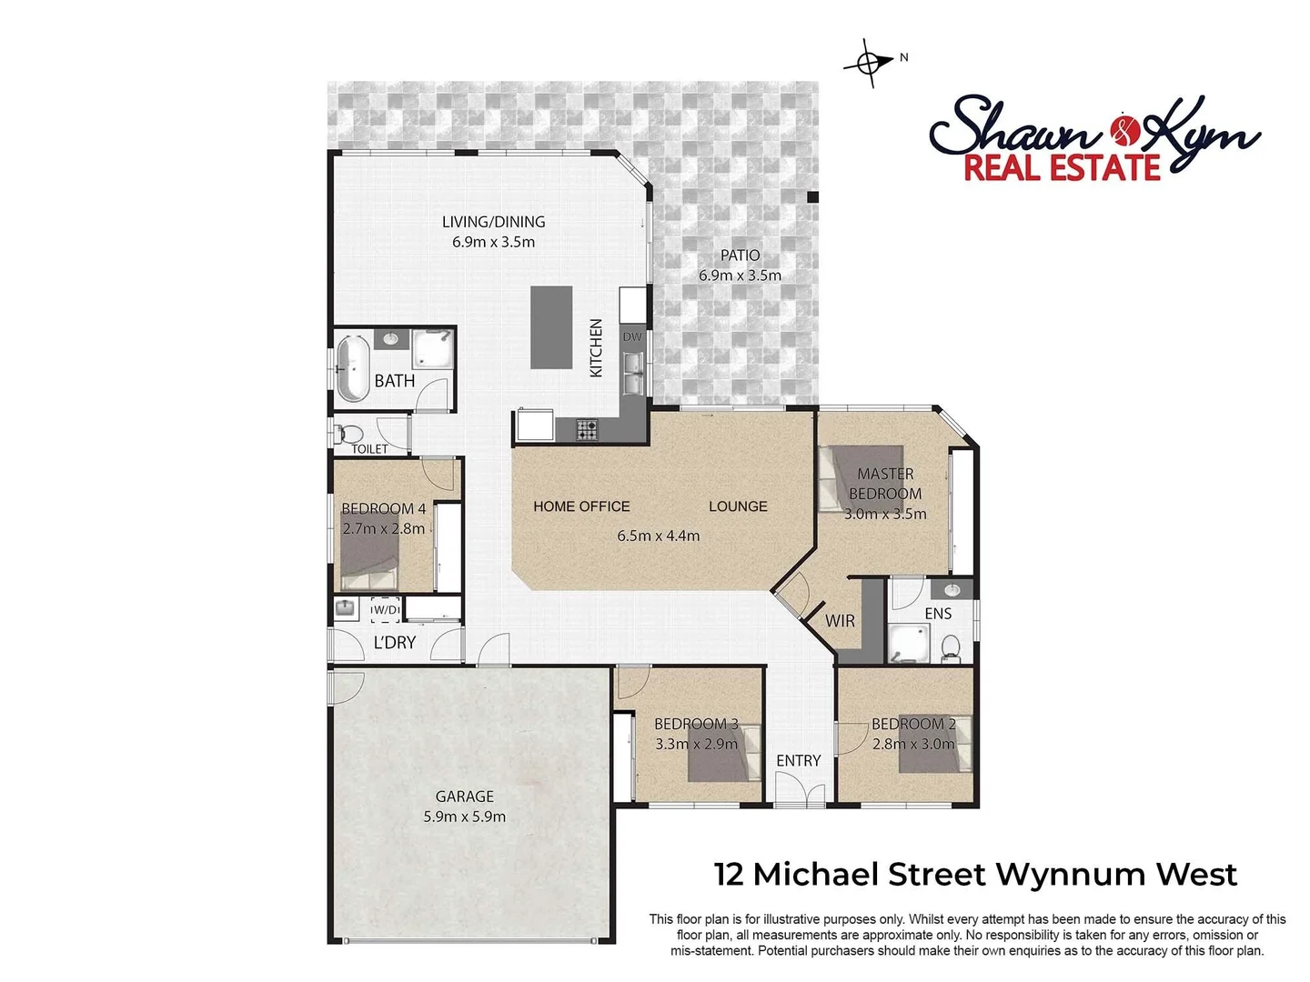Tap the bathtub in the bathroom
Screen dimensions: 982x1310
point(351,368)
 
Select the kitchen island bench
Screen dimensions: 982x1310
point(551,327)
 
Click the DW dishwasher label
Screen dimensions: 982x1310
point(632,336)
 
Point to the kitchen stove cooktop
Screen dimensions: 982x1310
point(587,429)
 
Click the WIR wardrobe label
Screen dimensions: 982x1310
point(840,621)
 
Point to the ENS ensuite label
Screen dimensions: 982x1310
point(938,614)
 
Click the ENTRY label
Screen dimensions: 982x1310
point(799,760)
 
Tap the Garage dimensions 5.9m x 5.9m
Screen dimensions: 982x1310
point(465,817)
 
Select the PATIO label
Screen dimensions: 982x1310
point(741,256)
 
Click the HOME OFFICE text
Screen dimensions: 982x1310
point(581,506)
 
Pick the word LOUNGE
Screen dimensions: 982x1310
point(738,506)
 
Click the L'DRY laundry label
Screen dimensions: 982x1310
point(395,642)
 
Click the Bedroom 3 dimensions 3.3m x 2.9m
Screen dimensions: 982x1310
point(697,744)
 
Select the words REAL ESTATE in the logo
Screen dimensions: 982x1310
point(1062,168)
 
